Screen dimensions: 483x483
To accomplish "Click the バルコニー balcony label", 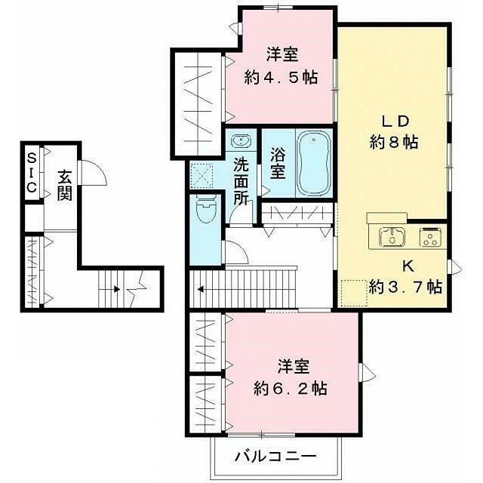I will pyautogui.click(x=274, y=457).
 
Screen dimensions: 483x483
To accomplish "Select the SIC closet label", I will pyautogui.click(x=32, y=173).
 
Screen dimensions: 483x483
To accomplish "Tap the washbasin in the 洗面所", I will pyautogui.click(x=241, y=141).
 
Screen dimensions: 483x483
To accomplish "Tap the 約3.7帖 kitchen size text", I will pyautogui.click(x=406, y=287).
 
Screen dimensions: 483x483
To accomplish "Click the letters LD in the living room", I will pyautogui.click(x=394, y=120).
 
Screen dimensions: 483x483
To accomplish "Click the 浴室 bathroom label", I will pyautogui.click(x=278, y=165).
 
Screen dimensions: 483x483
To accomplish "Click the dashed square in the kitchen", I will pyautogui.click(x=352, y=291).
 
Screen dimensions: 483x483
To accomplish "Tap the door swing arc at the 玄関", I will pyautogui.click(x=92, y=173).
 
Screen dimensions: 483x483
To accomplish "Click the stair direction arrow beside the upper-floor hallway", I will pyautogui.click(x=201, y=288).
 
